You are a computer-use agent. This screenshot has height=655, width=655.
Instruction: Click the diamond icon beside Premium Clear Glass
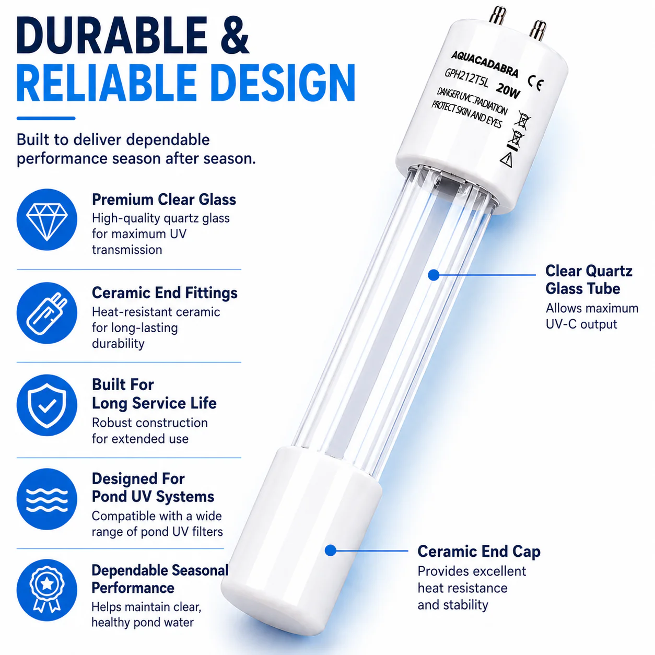tap(47, 219)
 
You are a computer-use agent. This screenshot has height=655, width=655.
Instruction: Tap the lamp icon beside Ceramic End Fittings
tap(47, 313)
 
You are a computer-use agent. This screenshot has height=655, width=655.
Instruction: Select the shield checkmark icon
tap(47, 405)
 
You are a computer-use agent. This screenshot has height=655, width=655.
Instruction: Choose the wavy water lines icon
tap(47, 499)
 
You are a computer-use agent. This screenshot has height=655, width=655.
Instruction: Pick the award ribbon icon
tap(47, 591)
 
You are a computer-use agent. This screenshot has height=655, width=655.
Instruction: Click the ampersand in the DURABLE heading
tap(235, 35)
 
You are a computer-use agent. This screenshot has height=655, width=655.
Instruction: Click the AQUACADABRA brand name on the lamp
tap(485, 64)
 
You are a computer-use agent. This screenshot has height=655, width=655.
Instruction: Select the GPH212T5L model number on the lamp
tap(466, 78)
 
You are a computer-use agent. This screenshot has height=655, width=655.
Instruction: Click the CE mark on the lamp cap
tap(536, 83)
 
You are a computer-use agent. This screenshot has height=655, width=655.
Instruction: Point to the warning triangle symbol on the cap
tap(507, 159)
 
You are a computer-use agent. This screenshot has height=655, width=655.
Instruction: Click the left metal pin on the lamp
tap(497, 15)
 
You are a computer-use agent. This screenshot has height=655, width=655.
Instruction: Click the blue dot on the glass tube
tap(434, 275)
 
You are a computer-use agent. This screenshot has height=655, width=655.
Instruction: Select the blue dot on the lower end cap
tap(331, 551)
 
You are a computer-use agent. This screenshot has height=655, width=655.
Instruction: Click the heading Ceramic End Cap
tap(479, 552)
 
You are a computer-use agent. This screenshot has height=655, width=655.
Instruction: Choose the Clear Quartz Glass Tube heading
tap(589, 280)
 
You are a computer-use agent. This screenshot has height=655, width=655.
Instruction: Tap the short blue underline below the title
tap(46, 118)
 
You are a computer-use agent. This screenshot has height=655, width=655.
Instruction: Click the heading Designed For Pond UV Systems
tap(153, 487)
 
